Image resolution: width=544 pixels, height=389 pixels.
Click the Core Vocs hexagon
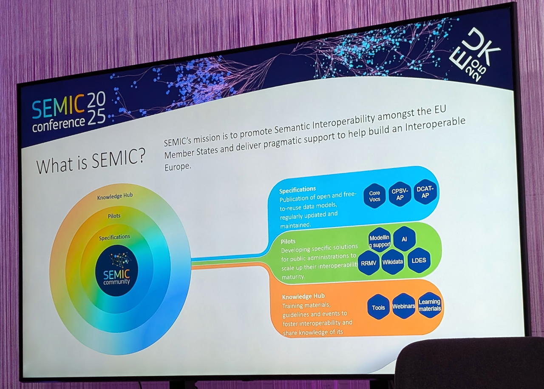(x=374, y=196)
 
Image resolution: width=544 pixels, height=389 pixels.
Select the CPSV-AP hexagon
(x=400, y=194)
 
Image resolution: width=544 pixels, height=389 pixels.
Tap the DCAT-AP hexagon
(x=425, y=192)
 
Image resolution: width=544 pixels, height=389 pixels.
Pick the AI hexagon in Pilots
(x=404, y=239)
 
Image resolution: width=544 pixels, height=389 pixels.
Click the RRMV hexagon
(x=368, y=263)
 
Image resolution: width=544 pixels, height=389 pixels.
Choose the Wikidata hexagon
(x=392, y=262)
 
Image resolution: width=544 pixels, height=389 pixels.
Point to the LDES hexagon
(x=419, y=260)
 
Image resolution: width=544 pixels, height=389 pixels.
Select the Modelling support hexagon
(x=379, y=241)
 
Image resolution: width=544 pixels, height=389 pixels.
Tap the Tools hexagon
(x=378, y=307)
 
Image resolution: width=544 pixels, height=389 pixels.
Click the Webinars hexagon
(x=404, y=306)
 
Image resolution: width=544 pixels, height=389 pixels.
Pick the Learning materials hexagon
(x=429, y=305)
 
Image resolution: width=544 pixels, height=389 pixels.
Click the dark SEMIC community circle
(x=116, y=271)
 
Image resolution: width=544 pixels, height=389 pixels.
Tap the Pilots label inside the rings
(x=114, y=216)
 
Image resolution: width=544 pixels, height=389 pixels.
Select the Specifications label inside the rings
(x=114, y=237)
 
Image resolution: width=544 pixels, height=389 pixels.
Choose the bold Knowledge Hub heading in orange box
(x=303, y=296)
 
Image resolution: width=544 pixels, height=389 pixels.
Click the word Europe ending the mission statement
(x=177, y=166)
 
